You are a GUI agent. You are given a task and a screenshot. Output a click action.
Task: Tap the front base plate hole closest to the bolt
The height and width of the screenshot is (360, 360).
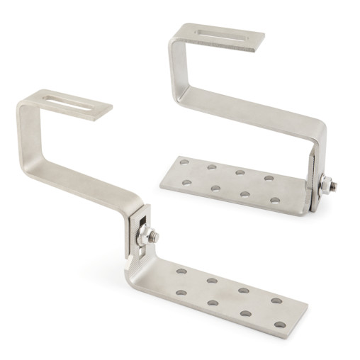click(182, 271)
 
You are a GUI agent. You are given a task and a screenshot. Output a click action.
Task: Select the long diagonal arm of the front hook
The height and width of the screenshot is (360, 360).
click(78, 177)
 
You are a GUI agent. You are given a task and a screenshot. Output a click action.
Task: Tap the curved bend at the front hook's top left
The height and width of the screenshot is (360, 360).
click(25, 106)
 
